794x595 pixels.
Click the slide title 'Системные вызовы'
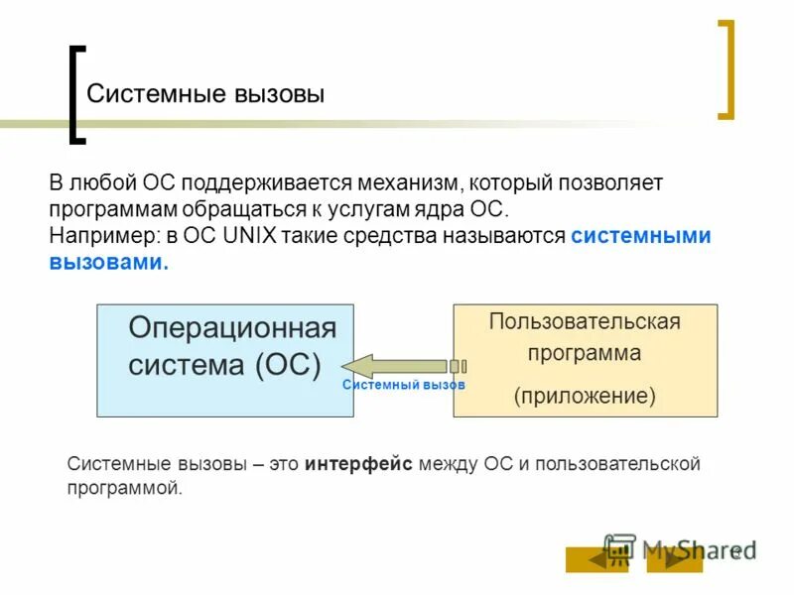pos(205,94)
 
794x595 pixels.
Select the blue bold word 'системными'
pos(641,236)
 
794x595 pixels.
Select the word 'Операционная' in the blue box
pos(233,328)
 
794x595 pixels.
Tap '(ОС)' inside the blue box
pos(288,364)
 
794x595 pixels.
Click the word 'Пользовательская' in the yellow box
pos(585,321)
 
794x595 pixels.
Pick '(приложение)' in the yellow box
pos(585,397)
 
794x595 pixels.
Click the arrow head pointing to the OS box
pos(359,366)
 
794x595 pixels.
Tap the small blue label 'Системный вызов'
pos(404,385)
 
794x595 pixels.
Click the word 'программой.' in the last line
pos(125,488)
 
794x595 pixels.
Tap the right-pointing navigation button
pos(674,559)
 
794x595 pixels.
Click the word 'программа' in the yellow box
pos(585,353)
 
